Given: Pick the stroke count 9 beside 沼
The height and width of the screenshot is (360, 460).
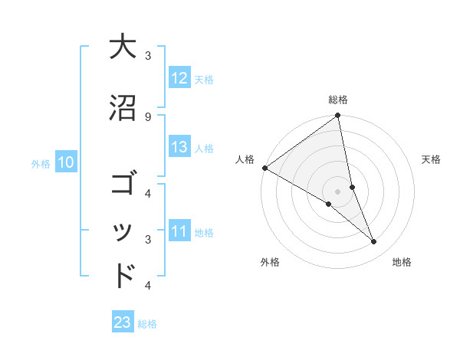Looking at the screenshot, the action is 147,116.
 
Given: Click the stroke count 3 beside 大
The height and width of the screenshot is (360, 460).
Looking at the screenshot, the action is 147,55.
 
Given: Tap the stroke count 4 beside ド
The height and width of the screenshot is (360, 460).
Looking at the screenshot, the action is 147,286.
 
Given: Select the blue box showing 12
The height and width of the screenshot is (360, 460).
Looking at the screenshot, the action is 179,77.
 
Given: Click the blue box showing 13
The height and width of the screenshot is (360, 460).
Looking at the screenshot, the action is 179,147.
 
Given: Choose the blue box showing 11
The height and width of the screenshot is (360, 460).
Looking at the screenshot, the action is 179,231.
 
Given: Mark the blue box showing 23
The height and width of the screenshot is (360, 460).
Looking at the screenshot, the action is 123,322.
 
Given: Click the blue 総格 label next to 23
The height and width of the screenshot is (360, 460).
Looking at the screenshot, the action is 147,324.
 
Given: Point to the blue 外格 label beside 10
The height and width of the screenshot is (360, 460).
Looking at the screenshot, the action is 41,163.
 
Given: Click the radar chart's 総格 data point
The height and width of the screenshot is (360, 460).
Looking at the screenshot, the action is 337,116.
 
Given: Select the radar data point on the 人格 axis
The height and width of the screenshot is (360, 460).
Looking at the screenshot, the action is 264,168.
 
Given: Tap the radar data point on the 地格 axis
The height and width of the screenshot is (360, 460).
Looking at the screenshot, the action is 374,242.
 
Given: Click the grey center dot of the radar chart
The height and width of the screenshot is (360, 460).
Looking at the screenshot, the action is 337,191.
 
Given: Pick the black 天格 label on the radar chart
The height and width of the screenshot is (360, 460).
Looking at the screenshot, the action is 432,159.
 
